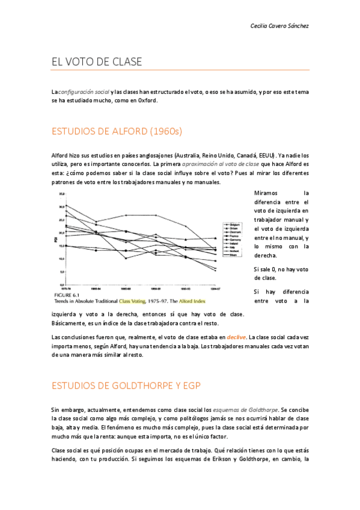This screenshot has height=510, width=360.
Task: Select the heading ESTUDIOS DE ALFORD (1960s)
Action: (117, 131)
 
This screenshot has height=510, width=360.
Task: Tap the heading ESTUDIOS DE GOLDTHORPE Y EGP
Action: (126, 385)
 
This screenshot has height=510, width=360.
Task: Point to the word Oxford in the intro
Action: (147, 100)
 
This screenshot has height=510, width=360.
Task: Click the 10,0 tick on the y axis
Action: (61, 259)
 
